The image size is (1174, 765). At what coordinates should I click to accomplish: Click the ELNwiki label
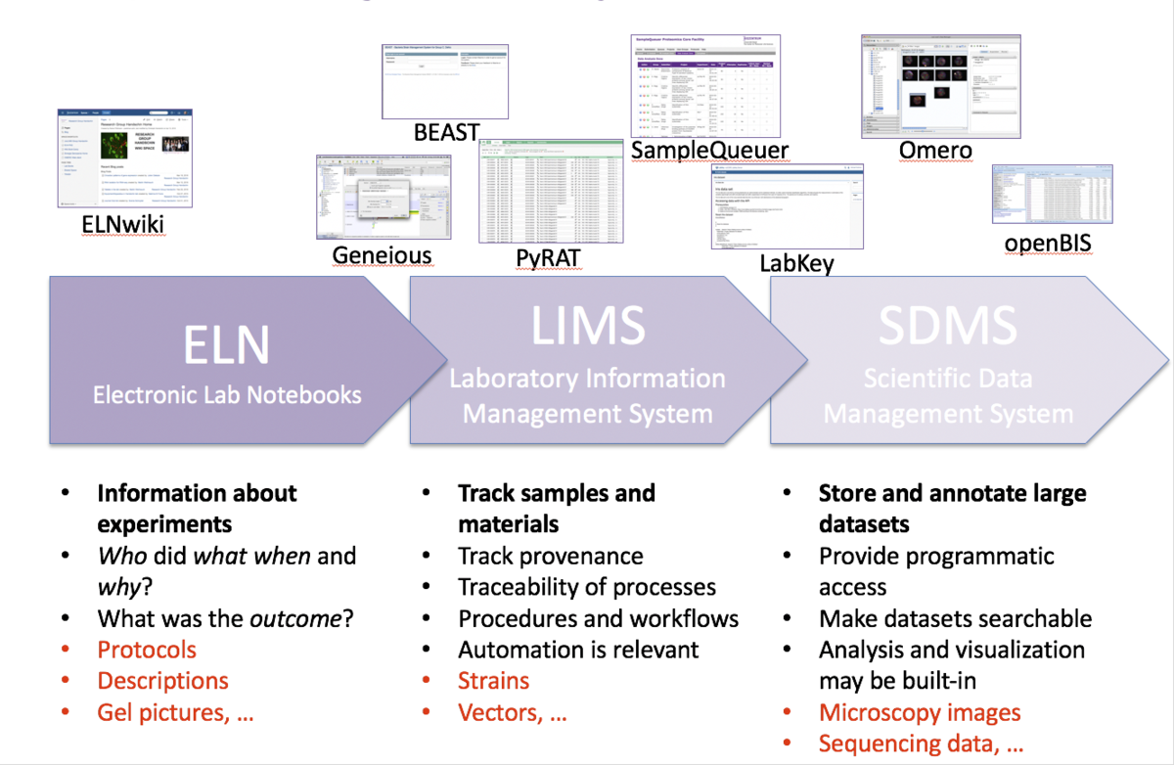122,227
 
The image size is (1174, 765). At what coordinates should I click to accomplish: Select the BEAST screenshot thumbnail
444,82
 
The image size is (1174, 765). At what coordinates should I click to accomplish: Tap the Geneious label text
382,256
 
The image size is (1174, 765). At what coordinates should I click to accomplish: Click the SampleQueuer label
709,150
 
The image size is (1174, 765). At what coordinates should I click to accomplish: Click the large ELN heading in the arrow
227,347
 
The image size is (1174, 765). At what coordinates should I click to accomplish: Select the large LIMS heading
588,326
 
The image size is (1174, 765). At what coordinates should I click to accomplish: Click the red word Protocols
147,650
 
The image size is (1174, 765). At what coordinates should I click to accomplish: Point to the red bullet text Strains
493,681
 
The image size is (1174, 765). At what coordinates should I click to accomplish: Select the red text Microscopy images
920,712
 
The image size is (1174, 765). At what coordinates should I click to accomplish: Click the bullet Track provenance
550,557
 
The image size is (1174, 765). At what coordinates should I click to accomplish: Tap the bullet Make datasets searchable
955,618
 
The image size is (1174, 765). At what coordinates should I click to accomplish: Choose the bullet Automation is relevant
578,650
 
